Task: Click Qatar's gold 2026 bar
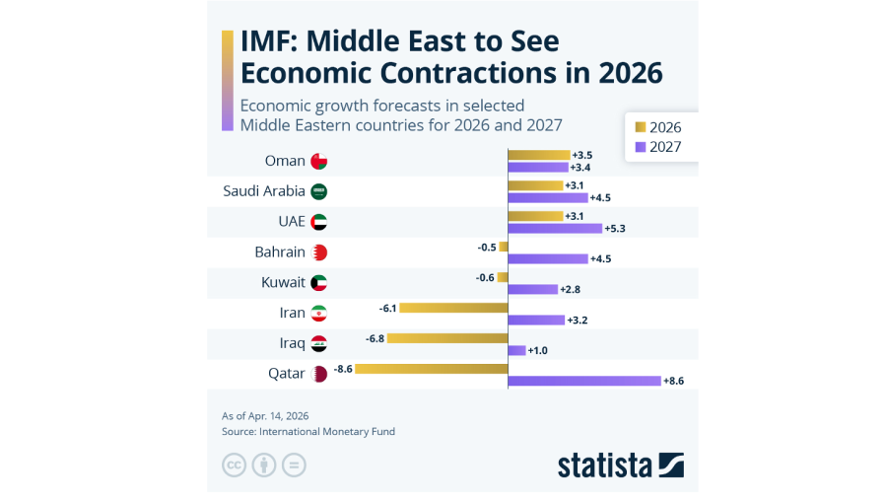pyautogui.click(x=431, y=369)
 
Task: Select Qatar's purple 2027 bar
pyautogui.click(x=583, y=381)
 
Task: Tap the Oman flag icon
pyautogui.click(x=318, y=161)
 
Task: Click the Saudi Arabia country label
pyautogui.click(x=264, y=191)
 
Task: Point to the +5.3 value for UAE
pyautogui.click(x=615, y=229)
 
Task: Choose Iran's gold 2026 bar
pyautogui.click(x=453, y=308)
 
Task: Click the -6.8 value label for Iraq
pyautogui.click(x=374, y=338)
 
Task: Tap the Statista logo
pyautogui.click(x=620, y=465)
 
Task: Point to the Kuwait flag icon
pyautogui.click(x=318, y=283)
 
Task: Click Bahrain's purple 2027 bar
pyautogui.click(x=547, y=258)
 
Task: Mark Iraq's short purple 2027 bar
pyautogui.click(x=516, y=350)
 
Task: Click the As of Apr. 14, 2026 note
pyautogui.click(x=272, y=415)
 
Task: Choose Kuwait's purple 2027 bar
pyautogui.click(x=532, y=289)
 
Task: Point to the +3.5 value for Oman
pyautogui.click(x=581, y=155)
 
